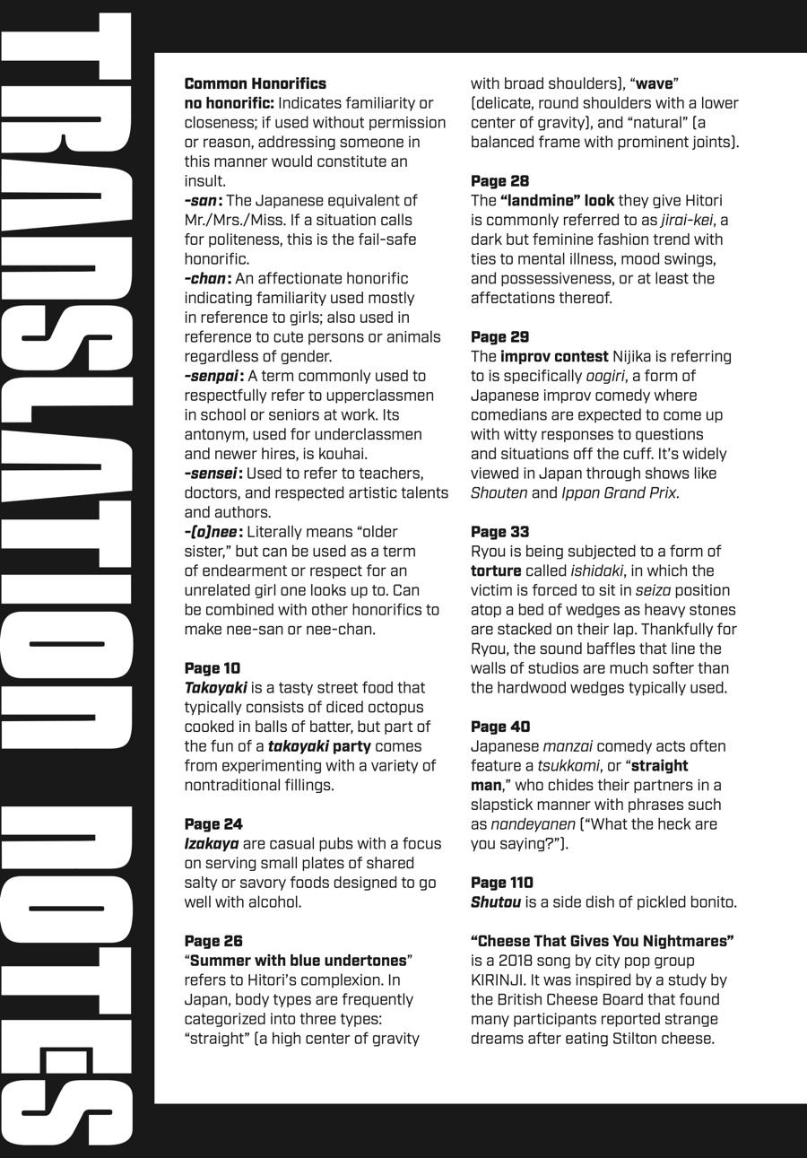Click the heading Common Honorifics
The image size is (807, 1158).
pos(256,83)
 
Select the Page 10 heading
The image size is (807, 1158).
pos(213,668)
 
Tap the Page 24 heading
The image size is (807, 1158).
pos(213,824)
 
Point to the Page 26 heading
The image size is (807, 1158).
pos(213,941)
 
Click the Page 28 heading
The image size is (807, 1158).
pos(500,181)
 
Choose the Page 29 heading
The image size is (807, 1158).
pos(500,337)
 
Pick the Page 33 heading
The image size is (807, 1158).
pos(500,532)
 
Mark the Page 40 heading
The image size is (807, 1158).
pos(500,727)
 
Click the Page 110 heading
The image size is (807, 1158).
pos(502,883)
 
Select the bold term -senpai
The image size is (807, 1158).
pos(213,376)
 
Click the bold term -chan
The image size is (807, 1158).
pos(206,279)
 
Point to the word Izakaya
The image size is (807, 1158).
pos(212,844)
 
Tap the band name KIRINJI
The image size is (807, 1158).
pos(500,980)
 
